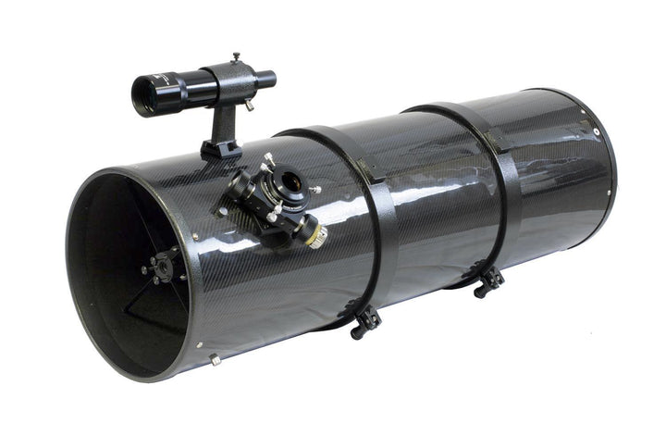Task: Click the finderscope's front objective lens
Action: click(x=144, y=95)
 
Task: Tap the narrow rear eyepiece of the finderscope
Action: click(x=266, y=79)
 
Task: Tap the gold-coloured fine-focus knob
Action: click(x=317, y=235)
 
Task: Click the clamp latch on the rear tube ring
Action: click(x=487, y=279)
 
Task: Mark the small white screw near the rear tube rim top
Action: click(x=585, y=119)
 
